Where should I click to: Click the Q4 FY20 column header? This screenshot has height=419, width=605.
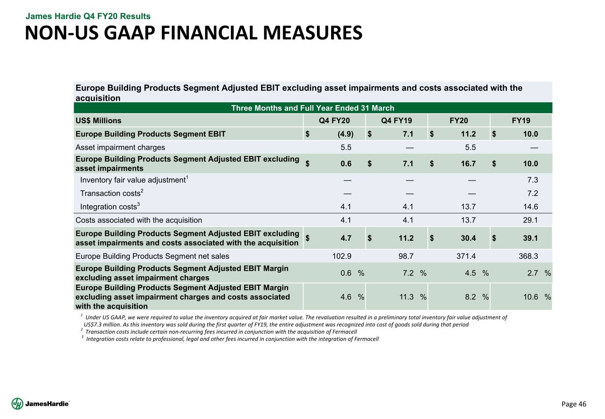click(x=334, y=121)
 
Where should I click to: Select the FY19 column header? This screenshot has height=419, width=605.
click(x=521, y=121)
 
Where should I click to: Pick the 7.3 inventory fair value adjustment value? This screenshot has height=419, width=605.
click(x=533, y=180)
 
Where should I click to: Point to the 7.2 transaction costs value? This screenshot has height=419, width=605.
click(x=533, y=193)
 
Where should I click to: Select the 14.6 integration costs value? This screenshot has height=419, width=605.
click(x=530, y=207)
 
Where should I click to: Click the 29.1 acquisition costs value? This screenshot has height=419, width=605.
click(x=530, y=220)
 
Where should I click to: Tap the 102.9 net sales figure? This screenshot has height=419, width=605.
click(x=342, y=256)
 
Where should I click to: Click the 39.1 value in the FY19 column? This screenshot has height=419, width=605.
click(x=530, y=238)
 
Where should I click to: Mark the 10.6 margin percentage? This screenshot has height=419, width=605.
click(x=531, y=297)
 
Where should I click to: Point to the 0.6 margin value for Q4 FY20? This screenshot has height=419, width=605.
click(x=346, y=273)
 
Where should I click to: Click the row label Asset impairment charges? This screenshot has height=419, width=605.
click(x=120, y=147)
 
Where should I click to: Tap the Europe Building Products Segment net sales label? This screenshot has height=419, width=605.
click(x=152, y=256)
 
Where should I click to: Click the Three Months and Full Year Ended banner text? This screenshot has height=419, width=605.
click(x=312, y=108)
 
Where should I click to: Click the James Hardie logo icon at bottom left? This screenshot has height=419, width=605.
click(x=17, y=403)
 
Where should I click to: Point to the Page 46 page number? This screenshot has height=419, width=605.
click(x=574, y=404)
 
